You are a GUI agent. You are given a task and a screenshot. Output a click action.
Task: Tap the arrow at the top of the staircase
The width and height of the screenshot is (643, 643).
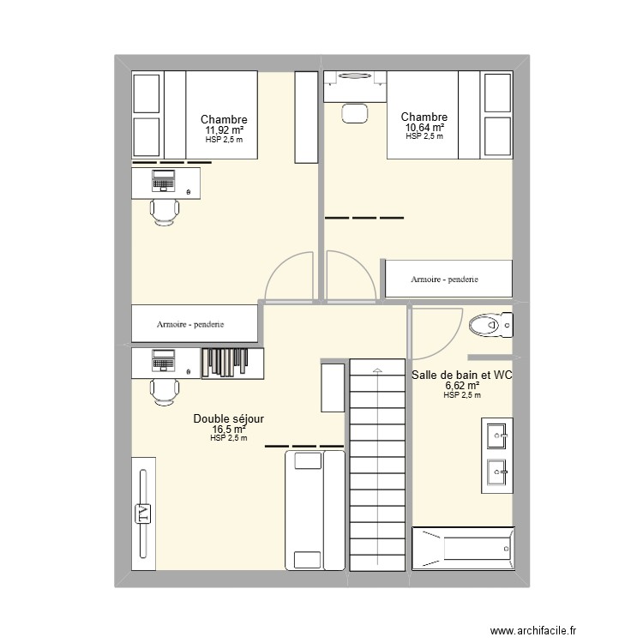coord(376,369)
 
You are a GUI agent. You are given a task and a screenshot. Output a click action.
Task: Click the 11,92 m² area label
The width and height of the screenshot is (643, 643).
coord(224,131)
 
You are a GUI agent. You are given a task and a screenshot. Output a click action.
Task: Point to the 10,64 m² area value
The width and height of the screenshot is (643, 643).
coord(424,128)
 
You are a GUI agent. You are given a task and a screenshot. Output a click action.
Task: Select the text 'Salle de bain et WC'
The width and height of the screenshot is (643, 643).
coord(462,375)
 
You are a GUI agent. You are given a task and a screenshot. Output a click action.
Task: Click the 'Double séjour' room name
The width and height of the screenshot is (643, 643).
coord(228,418)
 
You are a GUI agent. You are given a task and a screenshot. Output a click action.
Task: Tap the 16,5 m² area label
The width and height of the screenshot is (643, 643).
coord(228,429)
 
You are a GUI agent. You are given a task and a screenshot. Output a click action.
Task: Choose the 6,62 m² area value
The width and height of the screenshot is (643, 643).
coord(462,386)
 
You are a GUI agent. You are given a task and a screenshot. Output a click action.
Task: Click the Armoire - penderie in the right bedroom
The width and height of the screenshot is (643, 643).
coord(448,279)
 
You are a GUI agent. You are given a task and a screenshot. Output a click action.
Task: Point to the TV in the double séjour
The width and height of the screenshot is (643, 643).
coord(143,514)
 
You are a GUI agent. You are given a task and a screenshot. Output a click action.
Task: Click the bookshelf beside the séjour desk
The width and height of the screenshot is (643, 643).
coord(232,362)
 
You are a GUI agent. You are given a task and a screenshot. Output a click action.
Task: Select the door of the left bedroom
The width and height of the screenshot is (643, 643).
coord(290,279)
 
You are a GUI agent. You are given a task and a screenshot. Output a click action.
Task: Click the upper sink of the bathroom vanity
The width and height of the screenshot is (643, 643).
coord(496,436)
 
